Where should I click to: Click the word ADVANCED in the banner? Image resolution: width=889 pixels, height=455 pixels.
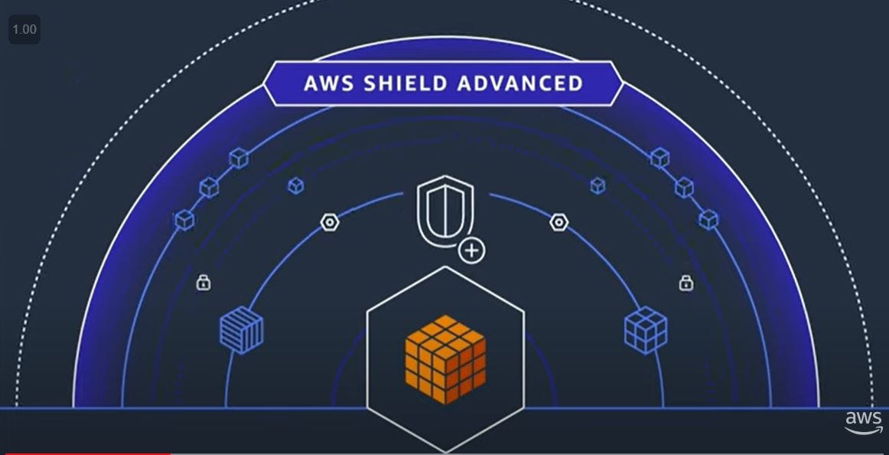tap(520, 83)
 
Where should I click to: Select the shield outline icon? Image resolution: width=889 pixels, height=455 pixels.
tap(444, 211)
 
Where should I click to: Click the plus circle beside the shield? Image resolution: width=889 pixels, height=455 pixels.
tap(473, 250)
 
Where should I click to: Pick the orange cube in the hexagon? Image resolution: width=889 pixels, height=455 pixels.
tap(444, 358)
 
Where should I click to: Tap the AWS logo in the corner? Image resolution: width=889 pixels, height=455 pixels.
tap(864, 422)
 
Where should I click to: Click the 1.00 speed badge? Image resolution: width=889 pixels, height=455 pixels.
tap(24, 30)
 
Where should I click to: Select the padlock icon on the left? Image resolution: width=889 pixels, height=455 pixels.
tap(203, 283)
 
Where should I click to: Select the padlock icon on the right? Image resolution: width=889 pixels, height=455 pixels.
tap(686, 283)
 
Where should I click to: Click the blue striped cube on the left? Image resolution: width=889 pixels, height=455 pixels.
tap(241, 331)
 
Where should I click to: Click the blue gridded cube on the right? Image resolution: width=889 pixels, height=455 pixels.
tap(646, 330)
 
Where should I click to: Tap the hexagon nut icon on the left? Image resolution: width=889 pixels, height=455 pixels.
tap(330, 222)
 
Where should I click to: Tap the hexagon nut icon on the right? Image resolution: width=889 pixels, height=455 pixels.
tap(559, 222)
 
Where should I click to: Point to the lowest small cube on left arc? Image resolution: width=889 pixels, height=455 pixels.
tap(184, 221)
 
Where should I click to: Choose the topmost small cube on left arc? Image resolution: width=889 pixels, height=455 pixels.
tap(239, 159)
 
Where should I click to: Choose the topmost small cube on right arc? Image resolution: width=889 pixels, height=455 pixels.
tap(659, 159)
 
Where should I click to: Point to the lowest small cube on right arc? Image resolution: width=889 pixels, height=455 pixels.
tap(708, 220)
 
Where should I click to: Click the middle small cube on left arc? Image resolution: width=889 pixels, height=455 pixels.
tap(209, 188)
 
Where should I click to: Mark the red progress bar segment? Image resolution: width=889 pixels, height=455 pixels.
tap(84, 453)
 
